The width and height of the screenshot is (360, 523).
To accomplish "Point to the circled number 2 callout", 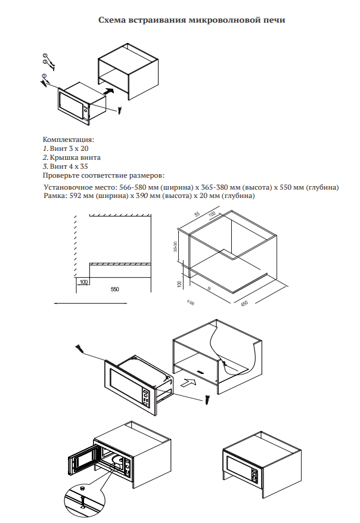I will coord(45,56).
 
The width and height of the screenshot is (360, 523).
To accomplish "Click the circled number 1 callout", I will coord(44,76).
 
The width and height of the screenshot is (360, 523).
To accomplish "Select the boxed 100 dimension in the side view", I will coord(83,281).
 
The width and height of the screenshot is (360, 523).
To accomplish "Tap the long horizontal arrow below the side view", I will coord(80,304).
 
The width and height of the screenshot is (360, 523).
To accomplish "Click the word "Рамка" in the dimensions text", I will coord(54,196).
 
